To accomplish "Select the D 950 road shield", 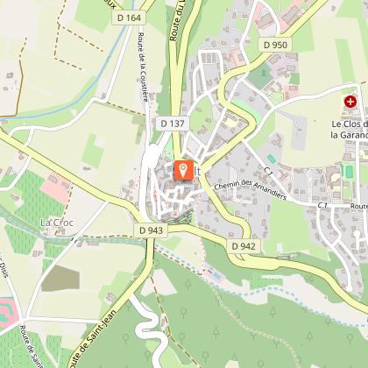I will (x=274, y=44).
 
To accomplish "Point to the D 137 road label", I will (x=173, y=124).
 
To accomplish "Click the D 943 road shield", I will (x=151, y=230).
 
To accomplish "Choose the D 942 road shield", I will (x=244, y=246).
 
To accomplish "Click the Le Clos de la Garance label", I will (x=348, y=130).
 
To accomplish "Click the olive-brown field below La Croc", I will (x=60, y=278).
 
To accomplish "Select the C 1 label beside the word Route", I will (x=322, y=204).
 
